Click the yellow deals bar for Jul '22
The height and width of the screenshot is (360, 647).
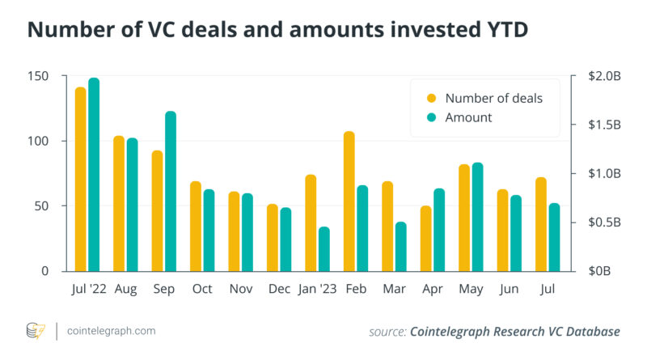click(81, 179)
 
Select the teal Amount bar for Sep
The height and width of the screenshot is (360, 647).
click(171, 191)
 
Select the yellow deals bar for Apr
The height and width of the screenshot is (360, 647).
click(426, 238)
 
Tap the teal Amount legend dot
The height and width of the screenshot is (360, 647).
click(431, 117)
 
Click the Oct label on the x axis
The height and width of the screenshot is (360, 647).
click(202, 288)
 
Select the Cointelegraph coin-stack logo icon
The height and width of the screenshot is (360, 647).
click(36, 331)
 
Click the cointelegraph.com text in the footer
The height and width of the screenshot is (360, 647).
click(111, 331)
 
